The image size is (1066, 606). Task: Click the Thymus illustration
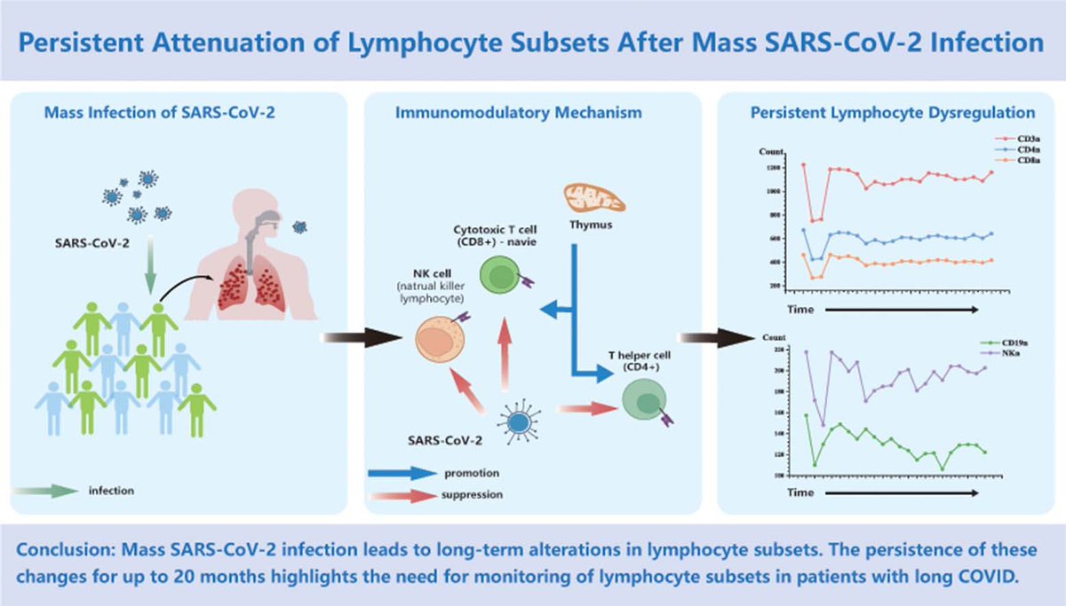(x=594, y=197)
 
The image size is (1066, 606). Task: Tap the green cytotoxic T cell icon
(x=501, y=274)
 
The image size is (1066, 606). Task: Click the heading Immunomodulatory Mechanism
(x=533, y=113)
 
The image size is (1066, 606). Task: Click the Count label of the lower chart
(x=771, y=339)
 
